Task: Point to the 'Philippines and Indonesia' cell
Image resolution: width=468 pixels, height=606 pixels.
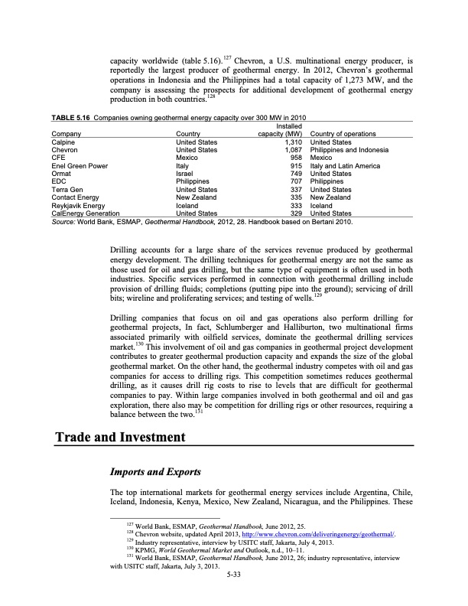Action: point(349,150)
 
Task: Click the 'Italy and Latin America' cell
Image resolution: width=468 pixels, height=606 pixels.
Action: point(347,166)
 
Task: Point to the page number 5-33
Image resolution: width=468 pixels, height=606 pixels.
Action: point(234,584)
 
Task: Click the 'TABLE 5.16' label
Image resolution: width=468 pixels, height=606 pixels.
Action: point(70,118)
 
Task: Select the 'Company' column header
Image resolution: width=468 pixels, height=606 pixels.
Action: point(67,134)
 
